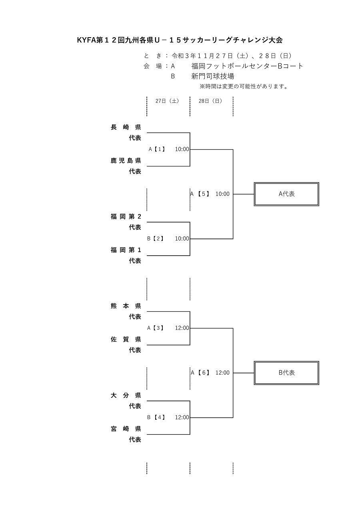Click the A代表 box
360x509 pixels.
tap(286, 194)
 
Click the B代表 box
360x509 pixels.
tap(286, 373)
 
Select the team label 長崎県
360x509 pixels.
tap(126, 127)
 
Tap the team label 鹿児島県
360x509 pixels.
tap(126, 161)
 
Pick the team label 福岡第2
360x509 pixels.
tap(126, 217)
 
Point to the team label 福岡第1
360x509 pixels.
tap(126, 250)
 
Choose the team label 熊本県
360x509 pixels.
tap(126, 306)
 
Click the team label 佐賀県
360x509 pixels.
tap(126, 340)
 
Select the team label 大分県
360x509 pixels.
tap(126, 396)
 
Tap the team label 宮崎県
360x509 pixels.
tap(126, 429)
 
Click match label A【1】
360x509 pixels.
tap(157, 149)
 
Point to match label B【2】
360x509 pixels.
tap(156, 239)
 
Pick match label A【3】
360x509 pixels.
tap(156, 328)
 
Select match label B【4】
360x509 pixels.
tap(156, 417)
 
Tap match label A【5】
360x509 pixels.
tap(200, 194)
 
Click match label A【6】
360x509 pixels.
tap(200, 373)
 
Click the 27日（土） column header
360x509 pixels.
tap(167, 101)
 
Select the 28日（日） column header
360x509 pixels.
tap(210, 101)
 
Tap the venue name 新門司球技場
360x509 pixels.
tap(213, 76)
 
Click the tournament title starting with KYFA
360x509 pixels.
tap(180, 40)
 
